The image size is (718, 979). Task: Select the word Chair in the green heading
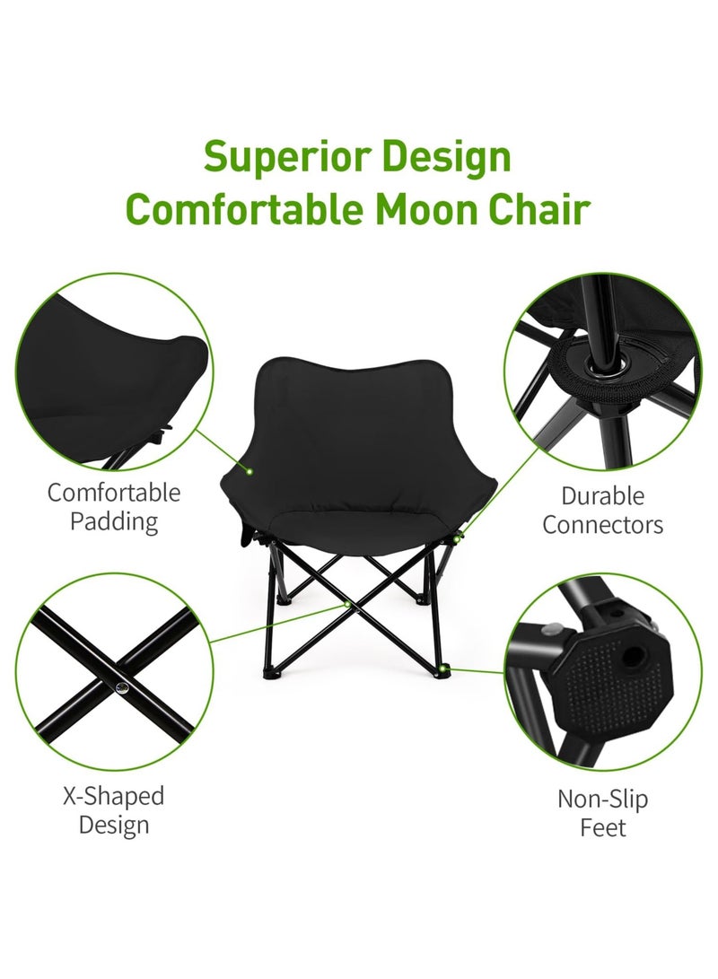coord(546,208)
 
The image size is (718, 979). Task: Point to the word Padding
coord(114,521)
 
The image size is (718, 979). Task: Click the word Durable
coord(603,495)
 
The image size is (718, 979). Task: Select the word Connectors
coord(603,525)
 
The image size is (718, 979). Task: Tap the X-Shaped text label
coord(113,796)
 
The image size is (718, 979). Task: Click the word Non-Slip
coord(603,799)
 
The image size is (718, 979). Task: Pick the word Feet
coord(603,827)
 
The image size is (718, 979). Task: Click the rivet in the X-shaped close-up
coord(122,686)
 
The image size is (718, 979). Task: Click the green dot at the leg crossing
coord(347,604)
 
